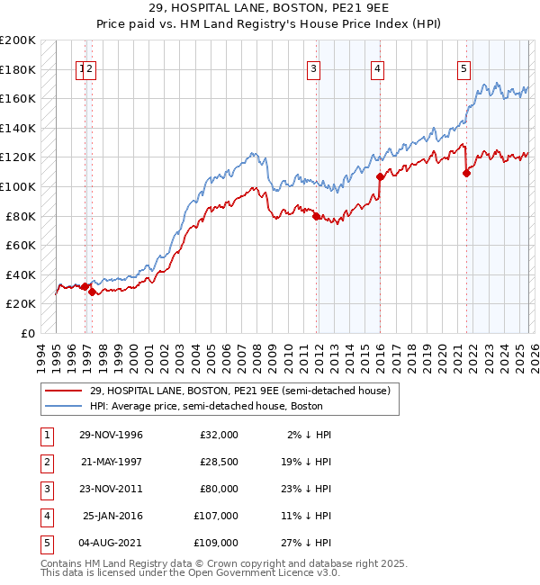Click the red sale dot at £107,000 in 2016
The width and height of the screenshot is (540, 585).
click(380, 177)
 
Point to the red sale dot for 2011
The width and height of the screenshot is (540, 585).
click(316, 216)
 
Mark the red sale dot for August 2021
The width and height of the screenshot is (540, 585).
click(466, 174)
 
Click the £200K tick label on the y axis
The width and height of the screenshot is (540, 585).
click(18, 40)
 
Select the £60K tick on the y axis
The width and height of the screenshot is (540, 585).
click(21, 246)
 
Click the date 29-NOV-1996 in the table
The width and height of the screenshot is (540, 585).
click(111, 435)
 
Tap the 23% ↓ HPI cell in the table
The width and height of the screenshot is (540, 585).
click(310, 489)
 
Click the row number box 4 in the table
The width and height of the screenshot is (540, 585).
click(45, 516)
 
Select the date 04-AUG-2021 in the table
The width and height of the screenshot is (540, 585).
click(111, 543)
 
